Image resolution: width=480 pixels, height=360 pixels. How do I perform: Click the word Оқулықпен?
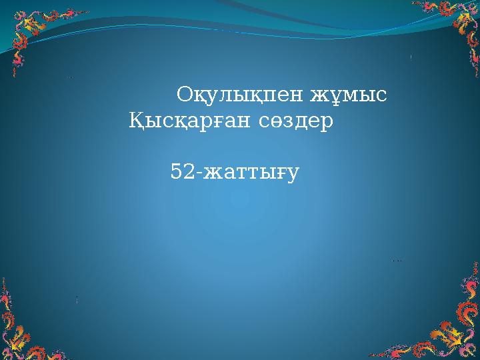click(240, 96)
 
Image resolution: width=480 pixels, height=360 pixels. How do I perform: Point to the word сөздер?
click(297, 123)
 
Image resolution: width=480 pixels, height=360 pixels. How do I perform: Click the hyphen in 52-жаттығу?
click(198, 173)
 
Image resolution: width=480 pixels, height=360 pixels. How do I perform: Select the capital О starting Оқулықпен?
click(185, 96)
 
